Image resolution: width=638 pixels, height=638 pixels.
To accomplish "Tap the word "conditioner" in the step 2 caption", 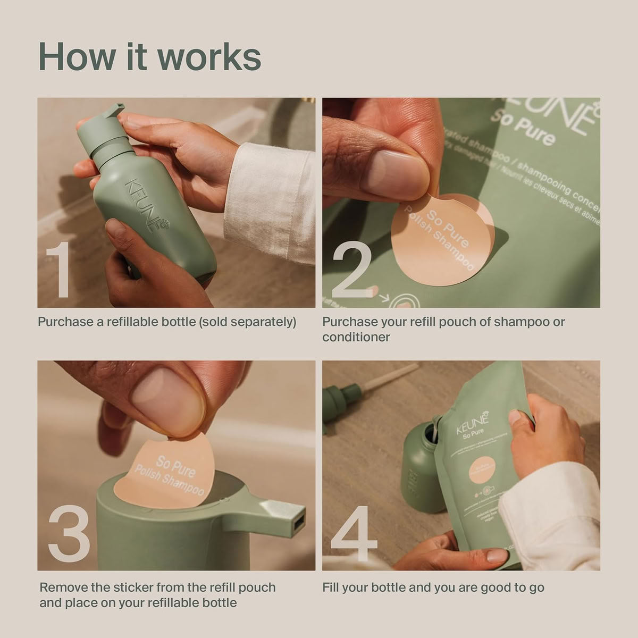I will [356, 337].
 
